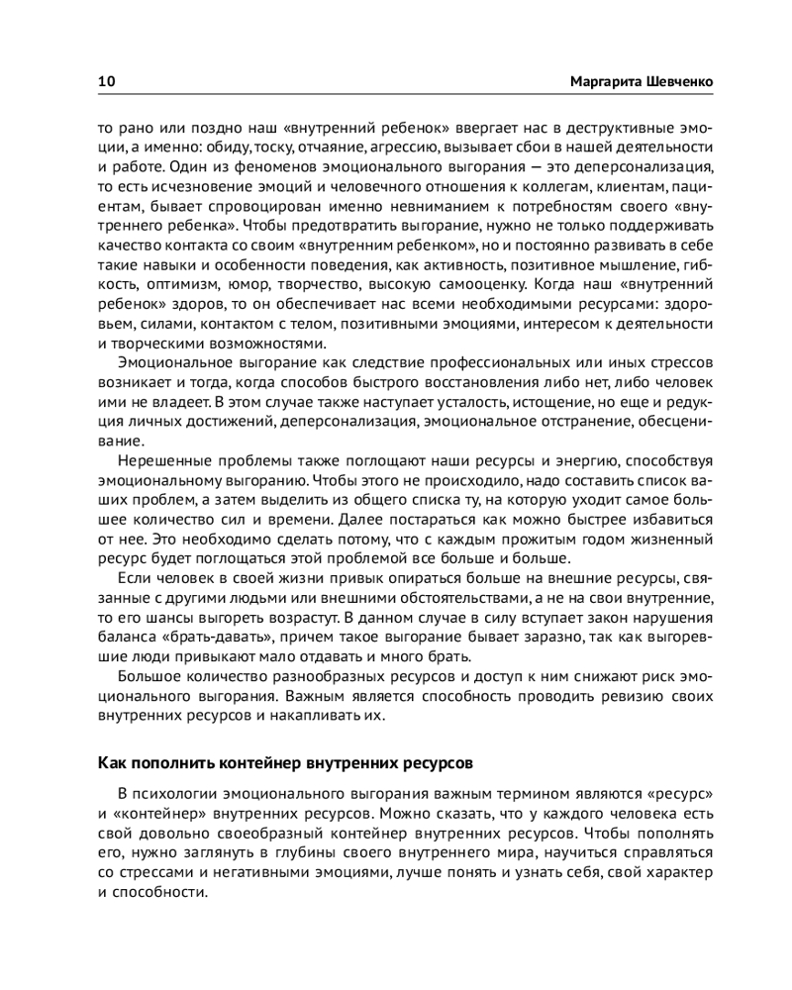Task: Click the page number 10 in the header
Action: [x=105, y=81]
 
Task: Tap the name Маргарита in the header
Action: [x=607, y=81]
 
